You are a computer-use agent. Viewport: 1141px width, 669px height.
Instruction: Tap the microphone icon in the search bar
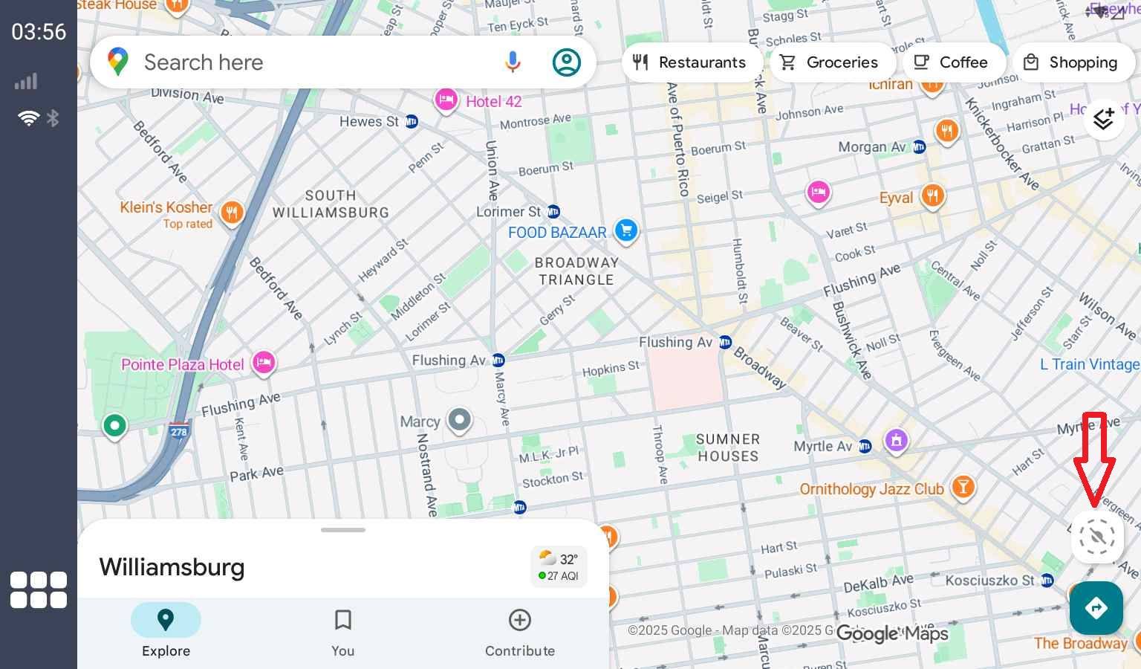pos(512,62)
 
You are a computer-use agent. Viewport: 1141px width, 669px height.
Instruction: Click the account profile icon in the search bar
pos(566,62)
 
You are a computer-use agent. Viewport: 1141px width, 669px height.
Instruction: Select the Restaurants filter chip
pos(689,62)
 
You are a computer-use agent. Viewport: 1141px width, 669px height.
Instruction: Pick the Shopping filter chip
pos(1070,62)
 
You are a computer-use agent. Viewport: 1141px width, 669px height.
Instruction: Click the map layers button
pos(1103,118)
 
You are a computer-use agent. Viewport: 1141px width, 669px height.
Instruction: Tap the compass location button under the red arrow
pos(1097,536)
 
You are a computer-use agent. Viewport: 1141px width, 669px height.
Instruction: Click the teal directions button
pos(1096,608)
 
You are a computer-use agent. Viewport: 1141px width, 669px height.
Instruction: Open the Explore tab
pos(166,630)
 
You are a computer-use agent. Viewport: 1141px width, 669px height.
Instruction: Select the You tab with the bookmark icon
pos(342,630)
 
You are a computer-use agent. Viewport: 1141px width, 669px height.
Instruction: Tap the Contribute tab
pos(519,630)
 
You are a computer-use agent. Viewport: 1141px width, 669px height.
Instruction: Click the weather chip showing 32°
pos(559,566)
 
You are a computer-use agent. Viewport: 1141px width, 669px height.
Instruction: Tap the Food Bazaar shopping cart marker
pos(626,230)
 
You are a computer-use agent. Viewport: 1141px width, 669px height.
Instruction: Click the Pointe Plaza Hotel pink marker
pos(263,363)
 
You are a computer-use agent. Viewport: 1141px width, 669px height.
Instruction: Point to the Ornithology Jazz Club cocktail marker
pos(963,487)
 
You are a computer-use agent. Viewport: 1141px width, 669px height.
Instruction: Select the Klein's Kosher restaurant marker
pos(232,213)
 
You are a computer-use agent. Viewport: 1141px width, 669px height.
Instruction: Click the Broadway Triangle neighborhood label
pos(576,271)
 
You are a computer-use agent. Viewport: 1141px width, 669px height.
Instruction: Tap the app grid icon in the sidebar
pos(39,590)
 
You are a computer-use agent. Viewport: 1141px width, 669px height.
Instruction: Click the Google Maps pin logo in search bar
pos(118,62)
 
